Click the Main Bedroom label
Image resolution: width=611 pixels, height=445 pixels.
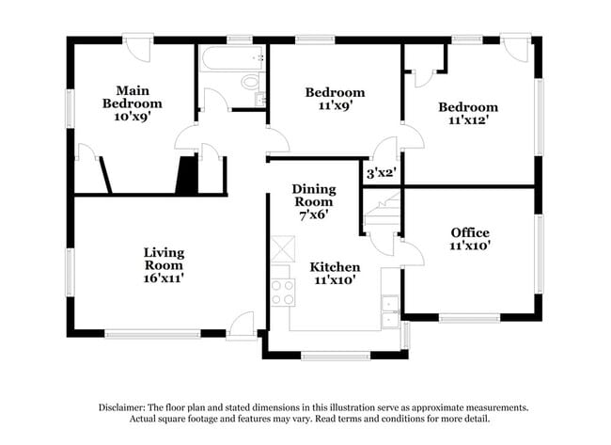pyautogui.click(x=133, y=97)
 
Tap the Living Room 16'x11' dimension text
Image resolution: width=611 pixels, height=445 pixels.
pyautogui.click(x=164, y=278)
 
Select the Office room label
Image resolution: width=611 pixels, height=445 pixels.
pyautogui.click(x=470, y=232)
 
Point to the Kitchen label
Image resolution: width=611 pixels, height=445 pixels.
pyautogui.click(x=336, y=267)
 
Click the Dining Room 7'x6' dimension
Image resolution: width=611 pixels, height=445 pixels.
pyautogui.click(x=314, y=215)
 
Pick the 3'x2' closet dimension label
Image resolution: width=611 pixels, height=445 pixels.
pyautogui.click(x=381, y=173)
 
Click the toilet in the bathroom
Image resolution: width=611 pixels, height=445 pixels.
pyautogui.click(x=251, y=82)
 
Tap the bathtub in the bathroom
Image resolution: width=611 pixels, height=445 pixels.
pyautogui.click(x=232, y=58)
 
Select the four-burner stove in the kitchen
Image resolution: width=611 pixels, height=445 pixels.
pyautogui.click(x=283, y=293)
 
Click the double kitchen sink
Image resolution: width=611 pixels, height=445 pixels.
pyautogui.click(x=390, y=311)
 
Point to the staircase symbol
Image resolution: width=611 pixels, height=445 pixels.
pyautogui.click(x=383, y=214)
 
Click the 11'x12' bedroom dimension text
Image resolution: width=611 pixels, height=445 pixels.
pyautogui.click(x=468, y=120)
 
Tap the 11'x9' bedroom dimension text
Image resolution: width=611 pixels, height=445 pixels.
pyautogui.click(x=336, y=105)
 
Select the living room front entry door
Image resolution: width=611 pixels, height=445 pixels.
pyautogui.click(x=242, y=326)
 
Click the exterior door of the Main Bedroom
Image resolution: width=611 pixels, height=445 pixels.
pyautogui.click(x=138, y=48)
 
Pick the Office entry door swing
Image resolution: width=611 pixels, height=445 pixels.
pyautogui.click(x=413, y=253)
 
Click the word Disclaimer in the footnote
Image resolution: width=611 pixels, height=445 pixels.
pyautogui.click(x=121, y=407)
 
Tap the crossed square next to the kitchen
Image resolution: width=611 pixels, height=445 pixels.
pyautogui.click(x=283, y=249)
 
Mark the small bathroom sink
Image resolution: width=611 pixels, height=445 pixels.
pyautogui.click(x=260, y=99)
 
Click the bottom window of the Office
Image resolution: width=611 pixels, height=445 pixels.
pyautogui.click(x=470, y=318)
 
